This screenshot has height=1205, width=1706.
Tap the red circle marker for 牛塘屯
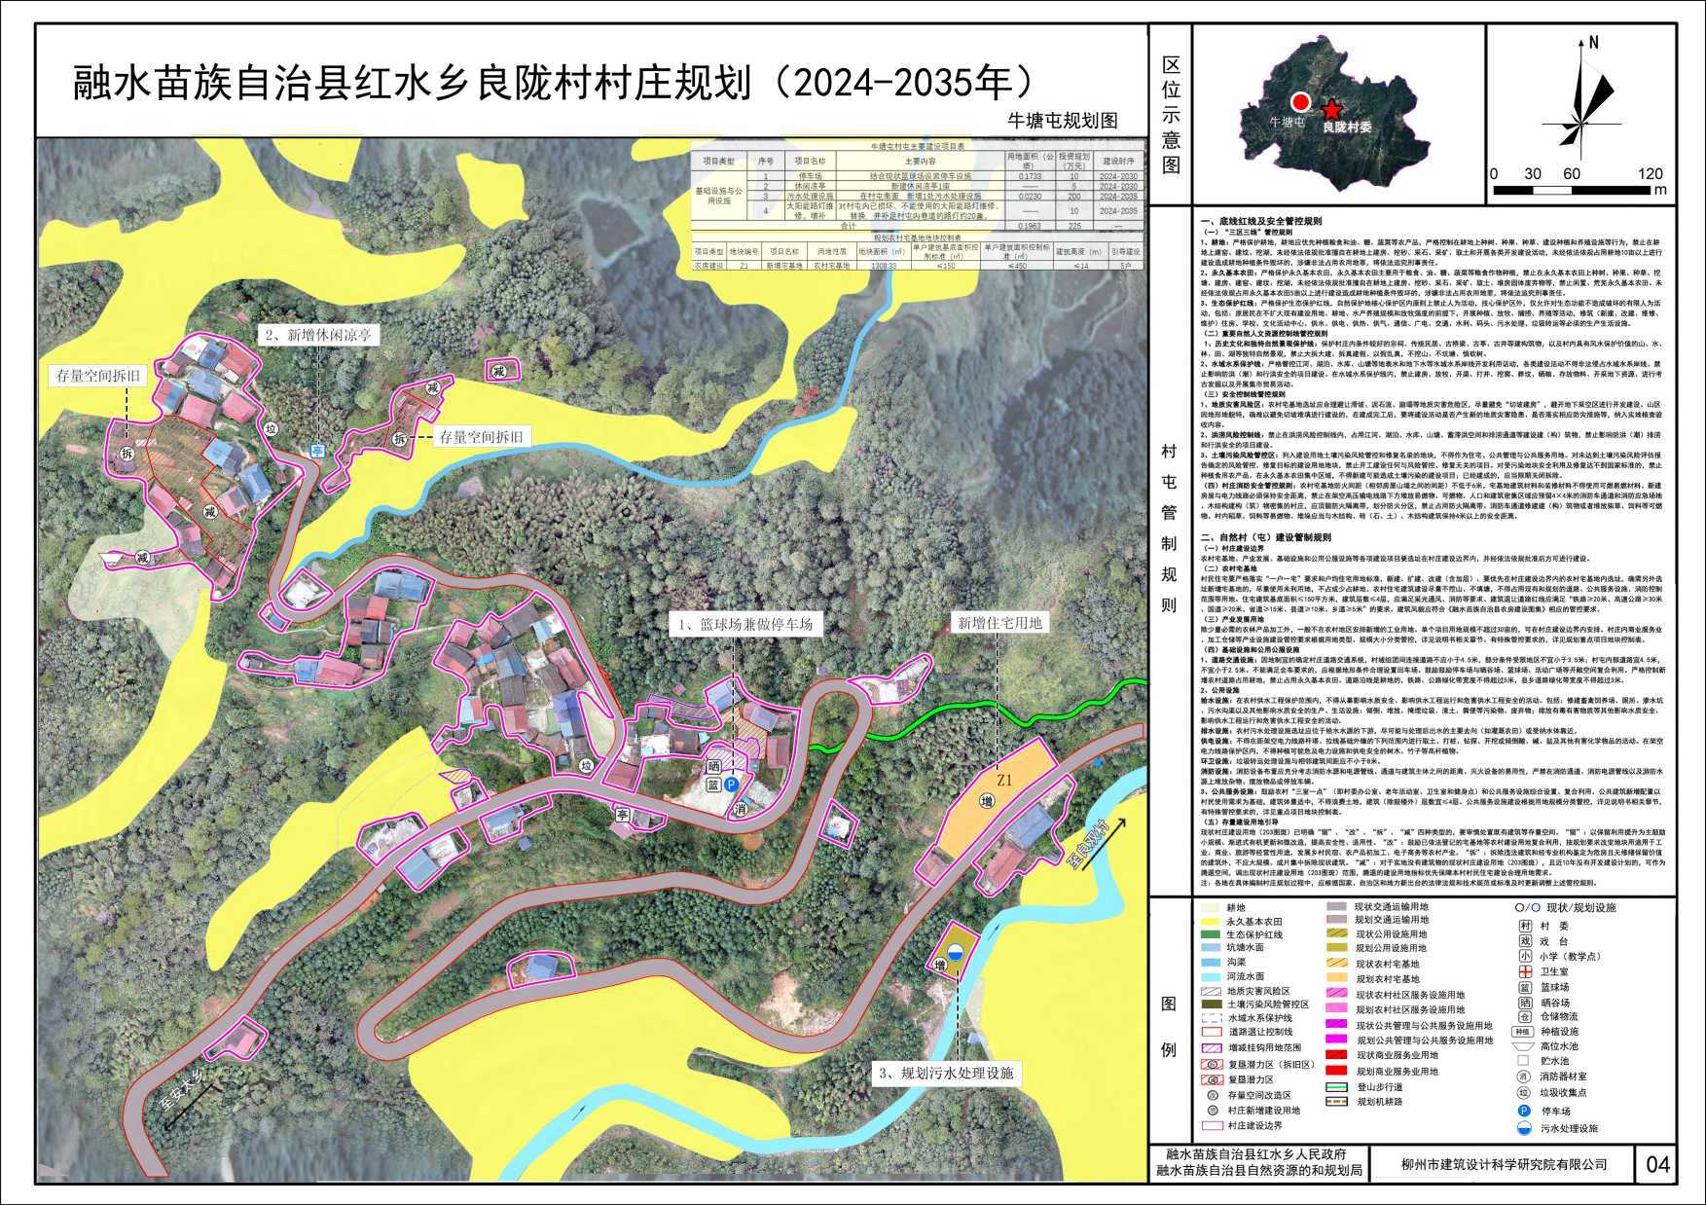coord(1299,102)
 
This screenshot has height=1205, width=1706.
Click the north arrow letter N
coord(1593,43)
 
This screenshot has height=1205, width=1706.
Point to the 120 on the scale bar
coord(1652,174)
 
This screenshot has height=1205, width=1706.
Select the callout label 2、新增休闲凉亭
coord(318,334)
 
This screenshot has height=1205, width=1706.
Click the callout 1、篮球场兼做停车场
coord(745,625)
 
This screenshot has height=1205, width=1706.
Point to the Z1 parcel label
coord(1004,780)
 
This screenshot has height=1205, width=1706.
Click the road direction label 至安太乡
coord(183,1095)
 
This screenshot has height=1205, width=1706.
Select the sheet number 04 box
coord(1658,1163)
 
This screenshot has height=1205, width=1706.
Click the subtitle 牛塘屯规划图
coord(1062,121)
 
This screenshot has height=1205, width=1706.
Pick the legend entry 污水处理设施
coord(1568,1129)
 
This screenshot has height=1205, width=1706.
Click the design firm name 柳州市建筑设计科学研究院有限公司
coord(1504,1164)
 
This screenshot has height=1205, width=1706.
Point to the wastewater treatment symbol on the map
coord(959,954)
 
